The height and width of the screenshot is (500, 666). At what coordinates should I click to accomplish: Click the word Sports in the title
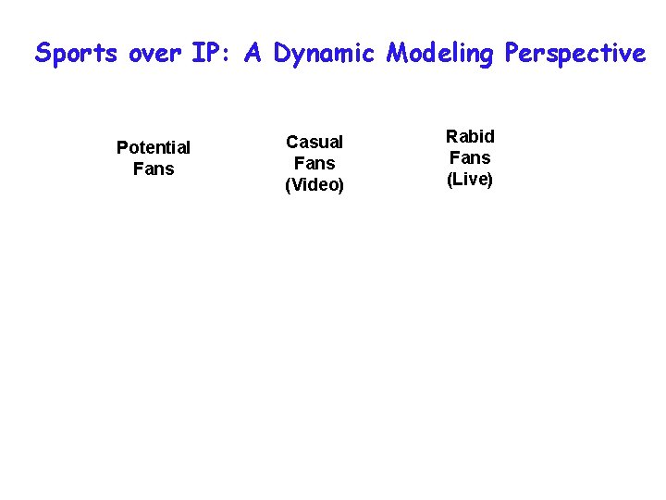pyautogui.click(x=77, y=54)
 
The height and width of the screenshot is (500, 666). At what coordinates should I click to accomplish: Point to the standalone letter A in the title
pyautogui.click(x=253, y=54)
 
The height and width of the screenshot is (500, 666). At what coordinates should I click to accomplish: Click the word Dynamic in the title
pyautogui.click(x=324, y=55)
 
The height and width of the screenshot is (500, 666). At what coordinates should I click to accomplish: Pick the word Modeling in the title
pyautogui.click(x=440, y=55)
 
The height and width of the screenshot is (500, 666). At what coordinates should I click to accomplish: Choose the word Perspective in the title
pyautogui.click(x=575, y=55)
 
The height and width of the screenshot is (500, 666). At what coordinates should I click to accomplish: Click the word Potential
pyautogui.click(x=154, y=147)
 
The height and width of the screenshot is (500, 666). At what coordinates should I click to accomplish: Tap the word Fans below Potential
pyautogui.click(x=154, y=169)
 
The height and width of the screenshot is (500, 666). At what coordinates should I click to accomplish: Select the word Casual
pyautogui.click(x=314, y=142)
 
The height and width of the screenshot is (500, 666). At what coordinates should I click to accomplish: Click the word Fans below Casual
pyautogui.click(x=314, y=163)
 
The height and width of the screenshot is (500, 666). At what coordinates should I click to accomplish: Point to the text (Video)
pyautogui.click(x=314, y=185)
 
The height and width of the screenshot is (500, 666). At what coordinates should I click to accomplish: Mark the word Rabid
pyautogui.click(x=470, y=136)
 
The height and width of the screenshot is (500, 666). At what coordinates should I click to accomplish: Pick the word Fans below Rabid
pyautogui.click(x=470, y=157)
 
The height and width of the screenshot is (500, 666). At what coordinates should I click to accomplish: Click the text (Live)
pyautogui.click(x=470, y=180)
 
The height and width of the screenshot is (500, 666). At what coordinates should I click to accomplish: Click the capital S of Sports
pyautogui.click(x=43, y=54)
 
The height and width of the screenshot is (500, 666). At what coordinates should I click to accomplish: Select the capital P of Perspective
pyautogui.click(x=512, y=54)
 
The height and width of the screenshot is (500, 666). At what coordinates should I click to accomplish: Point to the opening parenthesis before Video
pyautogui.click(x=288, y=185)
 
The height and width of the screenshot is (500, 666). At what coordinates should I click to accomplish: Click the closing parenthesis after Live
pyautogui.click(x=491, y=180)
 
